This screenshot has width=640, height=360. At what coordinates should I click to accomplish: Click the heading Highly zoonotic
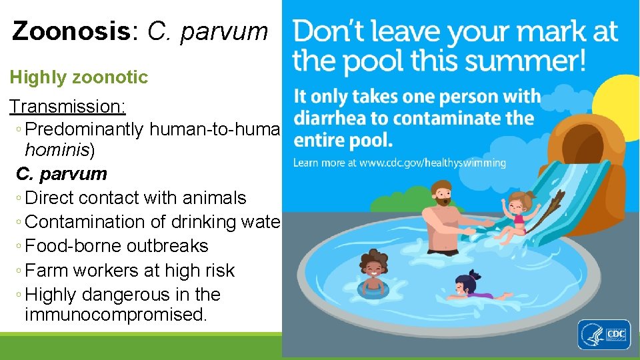coord(79,77)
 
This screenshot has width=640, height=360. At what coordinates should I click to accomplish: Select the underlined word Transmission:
coord(67,106)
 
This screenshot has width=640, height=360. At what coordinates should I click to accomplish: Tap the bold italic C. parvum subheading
coord(61,174)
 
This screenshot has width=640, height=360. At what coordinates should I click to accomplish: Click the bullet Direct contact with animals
coord(135,198)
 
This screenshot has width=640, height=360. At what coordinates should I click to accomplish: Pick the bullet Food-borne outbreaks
coord(116,246)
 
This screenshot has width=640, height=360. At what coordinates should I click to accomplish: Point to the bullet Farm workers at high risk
coord(129,270)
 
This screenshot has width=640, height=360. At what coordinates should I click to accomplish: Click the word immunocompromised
coord(115,315)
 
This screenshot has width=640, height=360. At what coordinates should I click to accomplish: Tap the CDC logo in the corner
coord(603,334)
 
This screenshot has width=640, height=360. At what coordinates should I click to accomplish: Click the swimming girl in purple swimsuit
coord(472,288)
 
